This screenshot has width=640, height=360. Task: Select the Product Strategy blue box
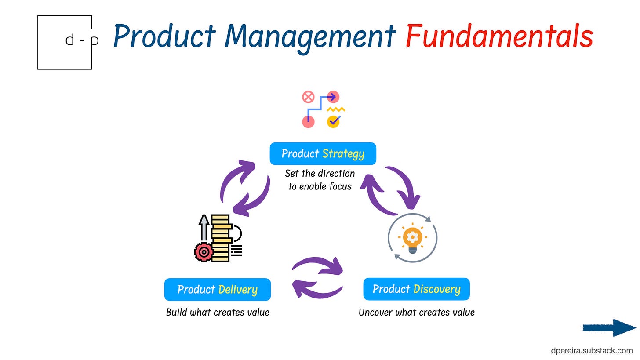[323, 154]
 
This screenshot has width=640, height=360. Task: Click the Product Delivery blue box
[217, 290]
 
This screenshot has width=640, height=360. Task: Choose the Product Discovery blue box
[416, 289]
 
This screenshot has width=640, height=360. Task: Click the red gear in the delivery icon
[204, 252]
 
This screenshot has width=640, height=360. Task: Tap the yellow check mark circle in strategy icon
[333, 121]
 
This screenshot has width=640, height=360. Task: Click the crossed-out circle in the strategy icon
[308, 97]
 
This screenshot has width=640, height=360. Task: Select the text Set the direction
[320, 173]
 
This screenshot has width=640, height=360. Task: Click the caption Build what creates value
[217, 313]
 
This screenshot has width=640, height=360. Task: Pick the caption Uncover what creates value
[416, 313]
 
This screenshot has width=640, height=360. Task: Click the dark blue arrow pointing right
[609, 328]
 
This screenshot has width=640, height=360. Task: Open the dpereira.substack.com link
[592, 351]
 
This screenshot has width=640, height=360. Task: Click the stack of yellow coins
[221, 237]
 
